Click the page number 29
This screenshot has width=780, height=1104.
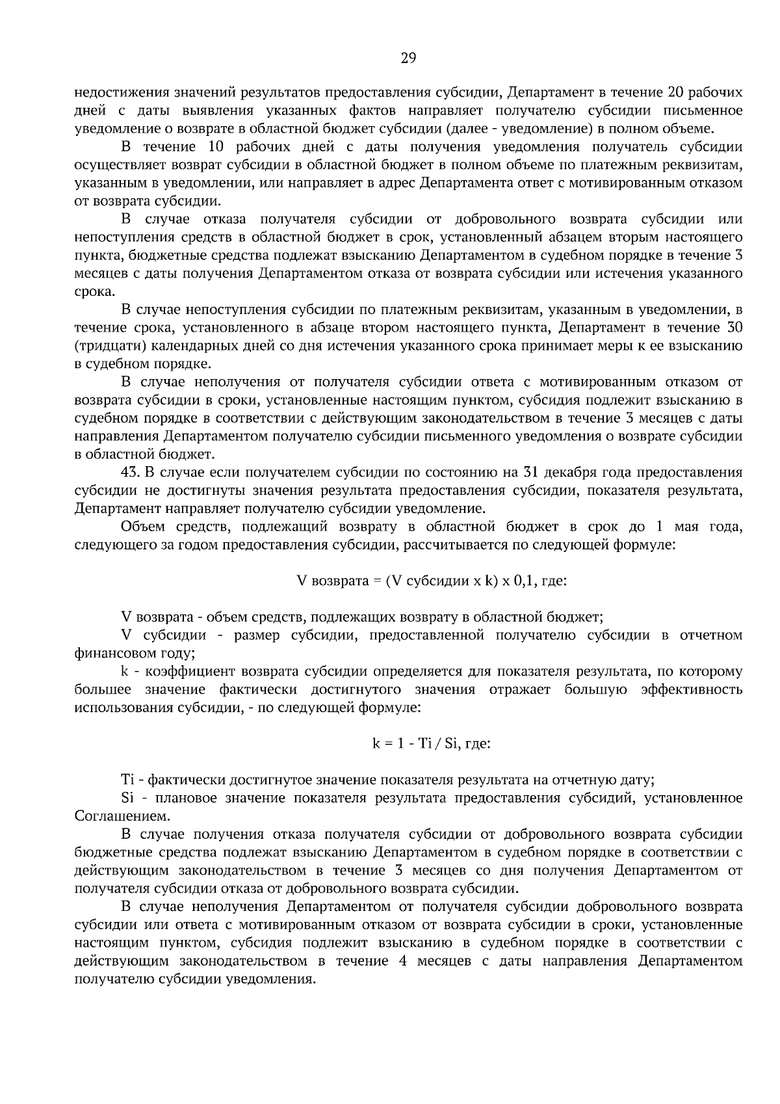tap(408, 59)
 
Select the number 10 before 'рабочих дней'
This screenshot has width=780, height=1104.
tap(214, 146)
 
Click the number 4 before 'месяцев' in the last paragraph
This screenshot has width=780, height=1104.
tap(404, 962)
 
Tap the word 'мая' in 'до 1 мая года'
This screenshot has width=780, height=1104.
tap(687, 527)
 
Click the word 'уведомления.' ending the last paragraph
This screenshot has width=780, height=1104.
tap(270, 980)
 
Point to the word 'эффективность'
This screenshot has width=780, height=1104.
tap(692, 689)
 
